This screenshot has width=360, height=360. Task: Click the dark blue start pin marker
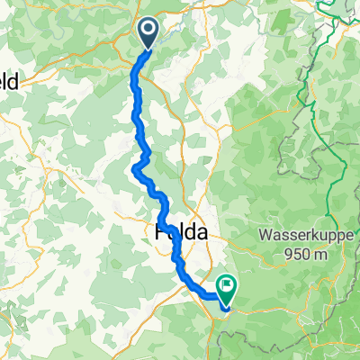point(149,33)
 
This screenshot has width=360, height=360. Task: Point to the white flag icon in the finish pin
point(225,287)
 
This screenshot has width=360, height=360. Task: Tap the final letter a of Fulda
point(202,231)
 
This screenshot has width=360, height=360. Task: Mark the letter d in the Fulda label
point(191,231)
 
